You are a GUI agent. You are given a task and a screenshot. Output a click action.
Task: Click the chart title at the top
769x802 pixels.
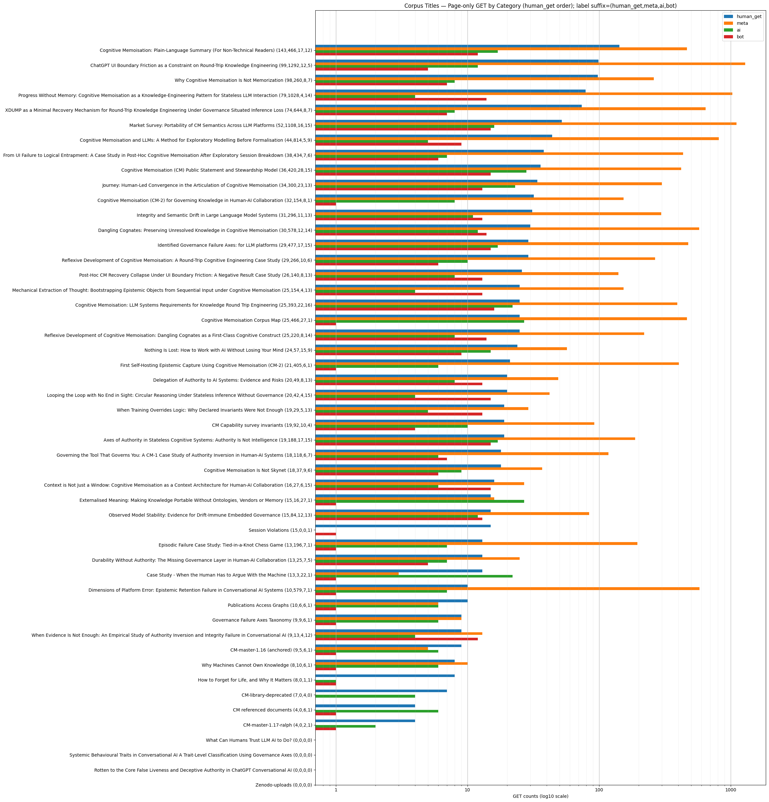pos(540,6)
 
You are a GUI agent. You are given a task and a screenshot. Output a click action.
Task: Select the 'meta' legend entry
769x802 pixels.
pos(742,23)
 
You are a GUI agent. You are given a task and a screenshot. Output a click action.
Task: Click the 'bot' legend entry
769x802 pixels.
pos(740,37)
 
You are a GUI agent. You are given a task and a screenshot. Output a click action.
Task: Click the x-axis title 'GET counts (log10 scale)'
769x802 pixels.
pos(540,796)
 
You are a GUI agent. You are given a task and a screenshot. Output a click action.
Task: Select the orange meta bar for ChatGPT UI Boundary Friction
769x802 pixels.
pos(530,64)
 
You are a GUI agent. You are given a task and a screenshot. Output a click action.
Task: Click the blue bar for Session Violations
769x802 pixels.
pos(403,526)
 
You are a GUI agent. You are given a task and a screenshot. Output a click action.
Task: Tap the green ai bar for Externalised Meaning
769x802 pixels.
pos(420,501)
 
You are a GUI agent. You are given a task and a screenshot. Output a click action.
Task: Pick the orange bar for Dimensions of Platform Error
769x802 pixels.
pos(507,588)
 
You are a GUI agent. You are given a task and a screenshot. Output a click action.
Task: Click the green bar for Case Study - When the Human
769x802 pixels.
pos(414,576)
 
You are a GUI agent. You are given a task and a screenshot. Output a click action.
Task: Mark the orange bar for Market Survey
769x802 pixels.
pos(526,124)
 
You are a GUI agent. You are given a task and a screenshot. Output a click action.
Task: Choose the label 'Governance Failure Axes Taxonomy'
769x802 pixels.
pos(262,620)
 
